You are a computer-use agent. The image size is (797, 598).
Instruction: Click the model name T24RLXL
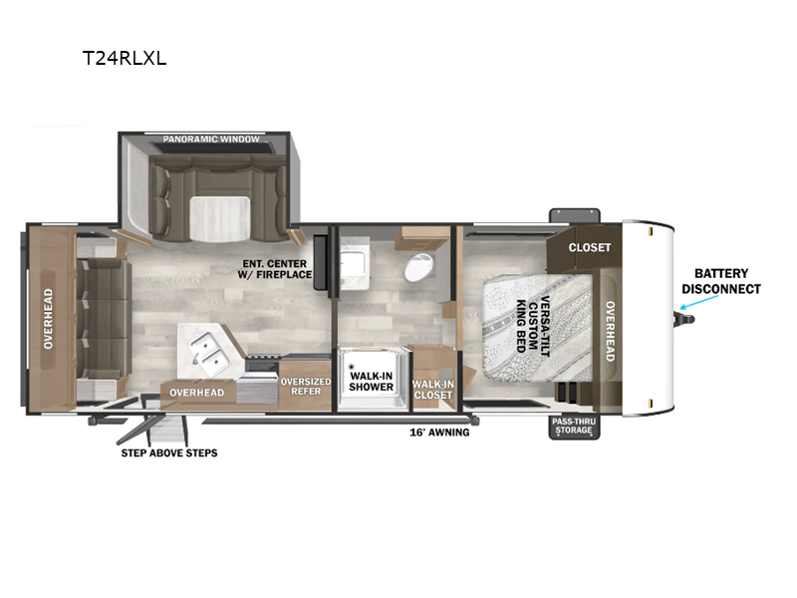(x=125, y=59)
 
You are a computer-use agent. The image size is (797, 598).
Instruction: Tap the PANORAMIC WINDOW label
(x=211, y=139)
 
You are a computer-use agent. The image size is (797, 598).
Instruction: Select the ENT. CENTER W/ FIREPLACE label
(x=275, y=269)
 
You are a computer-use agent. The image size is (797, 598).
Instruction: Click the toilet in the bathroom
(x=418, y=267)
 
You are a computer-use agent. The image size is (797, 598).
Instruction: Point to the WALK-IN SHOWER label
(x=371, y=382)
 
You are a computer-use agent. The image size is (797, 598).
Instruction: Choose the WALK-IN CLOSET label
(x=433, y=390)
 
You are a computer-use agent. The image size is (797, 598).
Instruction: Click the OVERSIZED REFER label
(x=306, y=387)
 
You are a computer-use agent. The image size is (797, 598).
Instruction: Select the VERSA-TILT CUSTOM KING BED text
(x=533, y=325)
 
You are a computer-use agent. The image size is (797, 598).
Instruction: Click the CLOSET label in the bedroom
(x=590, y=247)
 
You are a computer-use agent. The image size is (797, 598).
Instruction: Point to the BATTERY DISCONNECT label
(x=720, y=281)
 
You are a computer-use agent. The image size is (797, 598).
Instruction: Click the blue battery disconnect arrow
(x=699, y=302)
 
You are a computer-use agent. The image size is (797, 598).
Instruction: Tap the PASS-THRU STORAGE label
(x=574, y=427)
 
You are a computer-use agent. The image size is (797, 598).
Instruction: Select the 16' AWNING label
(x=439, y=433)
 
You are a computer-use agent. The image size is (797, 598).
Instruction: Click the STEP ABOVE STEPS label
(x=169, y=453)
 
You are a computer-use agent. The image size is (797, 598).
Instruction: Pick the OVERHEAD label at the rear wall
(x=48, y=319)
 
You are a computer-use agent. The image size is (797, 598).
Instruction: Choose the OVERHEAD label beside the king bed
(x=611, y=331)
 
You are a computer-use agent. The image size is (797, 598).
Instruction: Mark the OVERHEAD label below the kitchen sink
(x=196, y=393)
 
